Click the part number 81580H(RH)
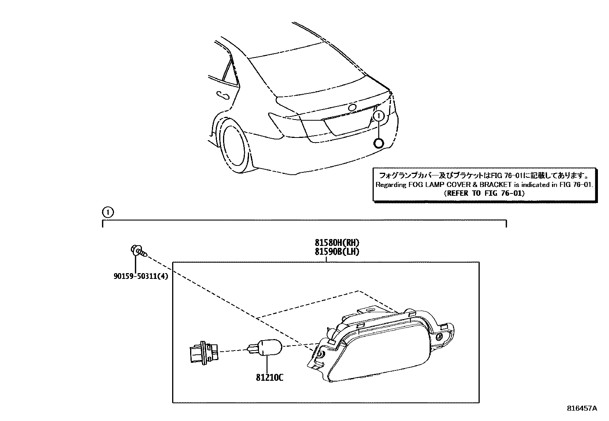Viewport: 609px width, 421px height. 337,242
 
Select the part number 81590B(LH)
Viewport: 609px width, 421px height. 337,251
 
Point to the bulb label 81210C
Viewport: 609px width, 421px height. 270,378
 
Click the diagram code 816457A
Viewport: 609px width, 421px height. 582,408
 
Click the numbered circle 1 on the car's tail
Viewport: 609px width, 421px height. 378,115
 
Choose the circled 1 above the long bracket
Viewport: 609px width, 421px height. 108,212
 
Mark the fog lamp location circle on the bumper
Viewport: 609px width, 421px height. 378,143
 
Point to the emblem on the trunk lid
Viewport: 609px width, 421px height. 352,107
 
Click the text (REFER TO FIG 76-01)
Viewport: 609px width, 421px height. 484,193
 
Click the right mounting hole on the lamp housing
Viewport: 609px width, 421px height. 440,337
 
